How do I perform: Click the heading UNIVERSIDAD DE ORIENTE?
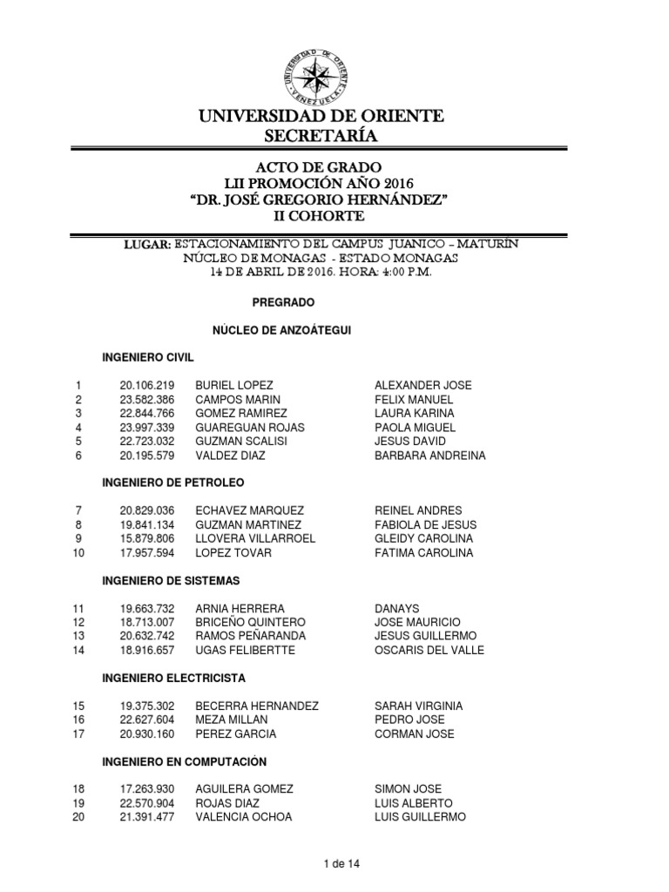coord(321,116)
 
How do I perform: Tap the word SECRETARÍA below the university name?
coord(321,135)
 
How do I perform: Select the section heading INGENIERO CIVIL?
coord(148,358)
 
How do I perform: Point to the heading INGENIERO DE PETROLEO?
coord(173,482)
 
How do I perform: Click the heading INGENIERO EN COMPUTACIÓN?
coord(184,761)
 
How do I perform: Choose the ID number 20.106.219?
coord(147,385)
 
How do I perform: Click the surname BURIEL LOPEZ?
coord(234,385)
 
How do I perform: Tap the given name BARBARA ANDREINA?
coord(430,456)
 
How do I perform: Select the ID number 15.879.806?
coord(147,538)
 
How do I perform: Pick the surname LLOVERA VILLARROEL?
coord(255,538)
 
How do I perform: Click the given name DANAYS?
coord(396,608)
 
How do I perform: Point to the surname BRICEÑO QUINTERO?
coord(251,622)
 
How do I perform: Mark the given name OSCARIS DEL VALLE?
coord(429,650)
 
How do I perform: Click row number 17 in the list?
coord(79,733)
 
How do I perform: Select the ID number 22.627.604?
coord(147,720)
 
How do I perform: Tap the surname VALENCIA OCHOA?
coord(244,817)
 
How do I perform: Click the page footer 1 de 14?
coord(341,863)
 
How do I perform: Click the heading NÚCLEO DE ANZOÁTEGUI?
coord(282,330)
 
